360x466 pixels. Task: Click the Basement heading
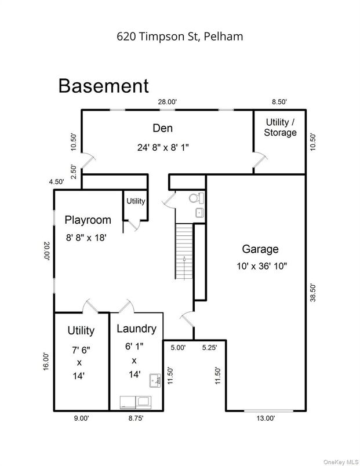click(104, 86)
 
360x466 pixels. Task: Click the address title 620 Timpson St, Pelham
click(180, 37)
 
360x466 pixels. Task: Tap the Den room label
click(162, 128)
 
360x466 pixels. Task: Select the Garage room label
click(260, 249)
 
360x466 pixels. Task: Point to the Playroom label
click(88, 220)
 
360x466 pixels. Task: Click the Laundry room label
click(136, 329)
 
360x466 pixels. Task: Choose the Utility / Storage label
click(280, 128)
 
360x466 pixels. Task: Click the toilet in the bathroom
click(194, 198)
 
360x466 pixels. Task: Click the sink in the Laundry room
click(154, 381)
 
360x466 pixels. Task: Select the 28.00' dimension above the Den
click(167, 102)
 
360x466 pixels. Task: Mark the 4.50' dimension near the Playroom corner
click(56, 182)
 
